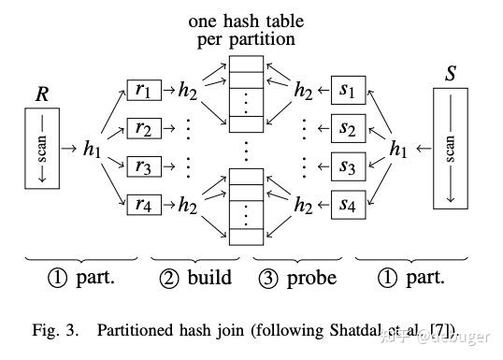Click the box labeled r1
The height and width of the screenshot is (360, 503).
[x=142, y=91]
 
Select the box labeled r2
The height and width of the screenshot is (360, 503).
[x=142, y=128]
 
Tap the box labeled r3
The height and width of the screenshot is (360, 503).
[x=142, y=166]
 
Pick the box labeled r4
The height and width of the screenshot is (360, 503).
[x=142, y=204]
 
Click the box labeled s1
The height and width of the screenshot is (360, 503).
[x=348, y=91]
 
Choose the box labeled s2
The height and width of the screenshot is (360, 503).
[x=348, y=128]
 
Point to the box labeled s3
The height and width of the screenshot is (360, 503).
[x=348, y=166]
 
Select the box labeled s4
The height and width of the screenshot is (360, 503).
[x=348, y=204]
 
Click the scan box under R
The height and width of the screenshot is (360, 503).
[x=42, y=147]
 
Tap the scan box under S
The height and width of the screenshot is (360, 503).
[x=451, y=148]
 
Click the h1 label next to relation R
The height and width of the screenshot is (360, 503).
[x=92, y=148]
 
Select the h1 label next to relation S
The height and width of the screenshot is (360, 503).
[x=398, y=148]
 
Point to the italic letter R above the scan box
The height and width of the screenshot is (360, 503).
[x=42, y=94]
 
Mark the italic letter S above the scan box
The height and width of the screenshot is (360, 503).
[x=451, y=74]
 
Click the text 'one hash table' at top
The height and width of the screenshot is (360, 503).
[x=246, y=21]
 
